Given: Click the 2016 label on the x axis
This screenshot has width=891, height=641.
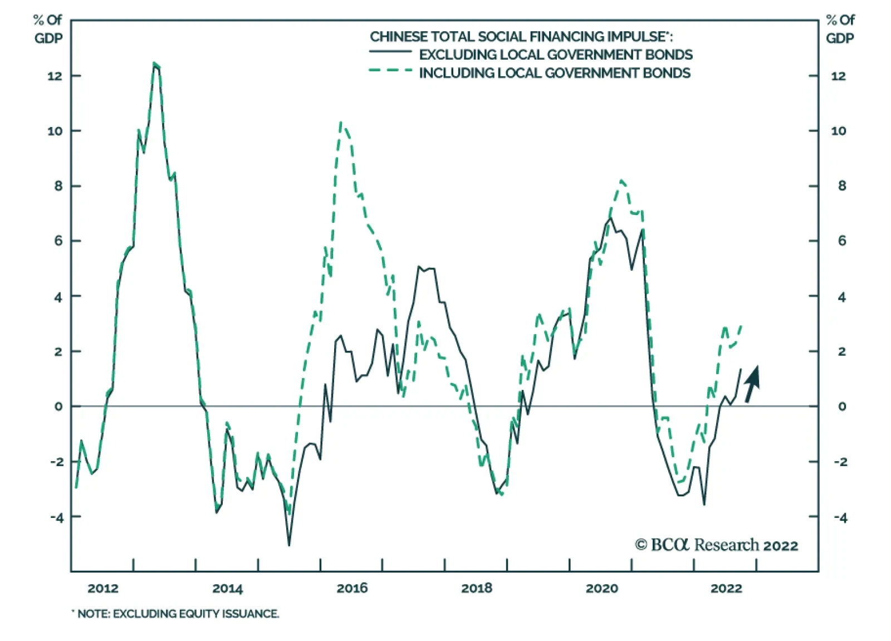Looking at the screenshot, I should click(352, 588).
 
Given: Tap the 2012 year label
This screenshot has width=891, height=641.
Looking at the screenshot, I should click(103, 588).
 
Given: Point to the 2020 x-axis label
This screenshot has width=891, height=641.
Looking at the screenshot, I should click(601, 588).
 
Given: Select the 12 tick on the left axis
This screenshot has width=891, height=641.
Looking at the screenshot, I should click(55, 76).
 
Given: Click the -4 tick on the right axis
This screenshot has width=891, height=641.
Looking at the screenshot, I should click(840, 517).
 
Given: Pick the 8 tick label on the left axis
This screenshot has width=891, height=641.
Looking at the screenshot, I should click(58, 186).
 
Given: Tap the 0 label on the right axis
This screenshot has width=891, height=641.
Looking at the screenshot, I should click(842, 407).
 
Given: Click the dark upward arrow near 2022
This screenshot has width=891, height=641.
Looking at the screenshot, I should click(752, 384).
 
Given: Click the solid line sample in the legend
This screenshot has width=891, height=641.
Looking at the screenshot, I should click(390, 52).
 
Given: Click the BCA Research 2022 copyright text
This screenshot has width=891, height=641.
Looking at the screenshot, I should click(717, 545).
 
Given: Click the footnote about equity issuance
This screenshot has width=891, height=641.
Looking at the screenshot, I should click(176, 614).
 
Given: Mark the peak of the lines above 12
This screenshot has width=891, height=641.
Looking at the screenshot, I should click(155, 64).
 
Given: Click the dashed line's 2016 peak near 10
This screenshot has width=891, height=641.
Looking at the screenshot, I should click(341, 123).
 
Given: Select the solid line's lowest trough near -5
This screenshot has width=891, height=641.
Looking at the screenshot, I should click(289, 544).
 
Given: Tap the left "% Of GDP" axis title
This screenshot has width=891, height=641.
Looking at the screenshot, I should click(48, 29).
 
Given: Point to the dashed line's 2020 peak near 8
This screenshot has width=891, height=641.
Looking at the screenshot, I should click(621, 181).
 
